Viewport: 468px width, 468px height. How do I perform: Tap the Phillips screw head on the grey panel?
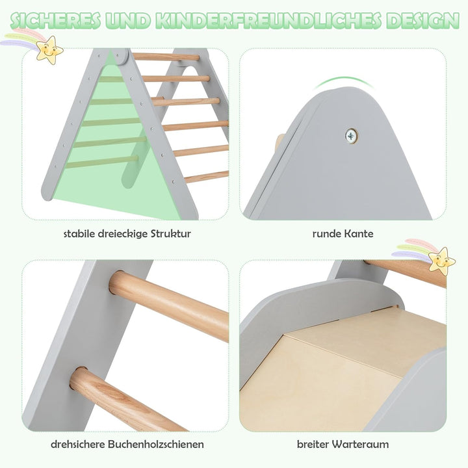pyautogui.click(x=352, y=135)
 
